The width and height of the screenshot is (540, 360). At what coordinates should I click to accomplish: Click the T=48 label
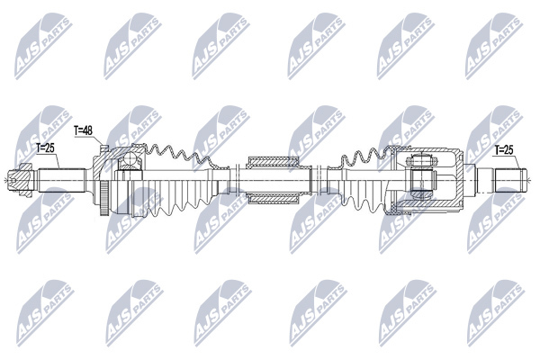(x=84, y=130)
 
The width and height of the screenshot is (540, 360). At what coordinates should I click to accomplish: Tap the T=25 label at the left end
(x=46, y=148)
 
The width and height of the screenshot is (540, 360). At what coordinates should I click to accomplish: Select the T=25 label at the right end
(x=504, y=150)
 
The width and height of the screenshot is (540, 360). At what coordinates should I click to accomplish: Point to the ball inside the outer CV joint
(x=130, y=158)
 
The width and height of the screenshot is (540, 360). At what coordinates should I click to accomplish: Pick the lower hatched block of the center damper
(x=273, y=198)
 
